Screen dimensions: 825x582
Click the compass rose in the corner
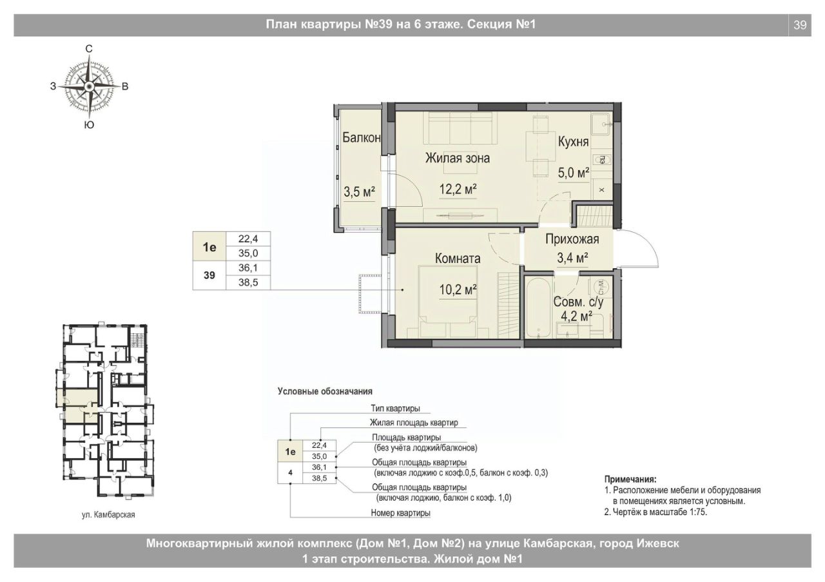tap(89, 86)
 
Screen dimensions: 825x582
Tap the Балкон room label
tap(362, 137)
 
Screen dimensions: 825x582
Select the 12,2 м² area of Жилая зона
tap(458, 189)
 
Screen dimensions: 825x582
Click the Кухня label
tap(573, 142)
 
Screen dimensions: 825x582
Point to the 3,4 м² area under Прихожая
tap(572, 258)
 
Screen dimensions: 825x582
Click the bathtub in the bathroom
tap(538, 308)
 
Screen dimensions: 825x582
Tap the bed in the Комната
tap(447, 302)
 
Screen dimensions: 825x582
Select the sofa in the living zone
tap(460, 128)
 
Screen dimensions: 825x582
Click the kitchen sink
tap(601, 124)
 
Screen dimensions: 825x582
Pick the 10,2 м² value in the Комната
tap(458, 290)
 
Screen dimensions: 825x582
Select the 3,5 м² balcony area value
tap(359, 192)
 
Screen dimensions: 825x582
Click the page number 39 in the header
tap(800, 25)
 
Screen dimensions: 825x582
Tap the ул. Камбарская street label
tap(108, 514)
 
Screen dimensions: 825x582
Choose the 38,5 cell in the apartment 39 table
tap(248, 282)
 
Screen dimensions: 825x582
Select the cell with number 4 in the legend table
tap(290, 472)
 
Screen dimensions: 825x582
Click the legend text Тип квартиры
tap(395, 409)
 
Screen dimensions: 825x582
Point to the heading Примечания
tap(630, 480)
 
